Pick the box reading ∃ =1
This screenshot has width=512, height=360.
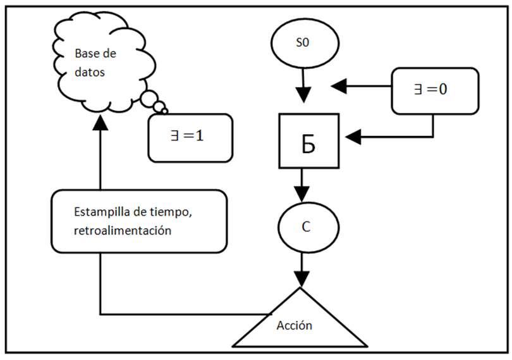click(189, 137)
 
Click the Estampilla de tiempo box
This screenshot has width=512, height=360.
click(138, 221)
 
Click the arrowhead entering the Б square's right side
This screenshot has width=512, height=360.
click(351, 135)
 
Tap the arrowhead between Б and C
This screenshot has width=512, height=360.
click(303, 192)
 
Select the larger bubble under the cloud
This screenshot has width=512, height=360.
click(151, 99)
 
